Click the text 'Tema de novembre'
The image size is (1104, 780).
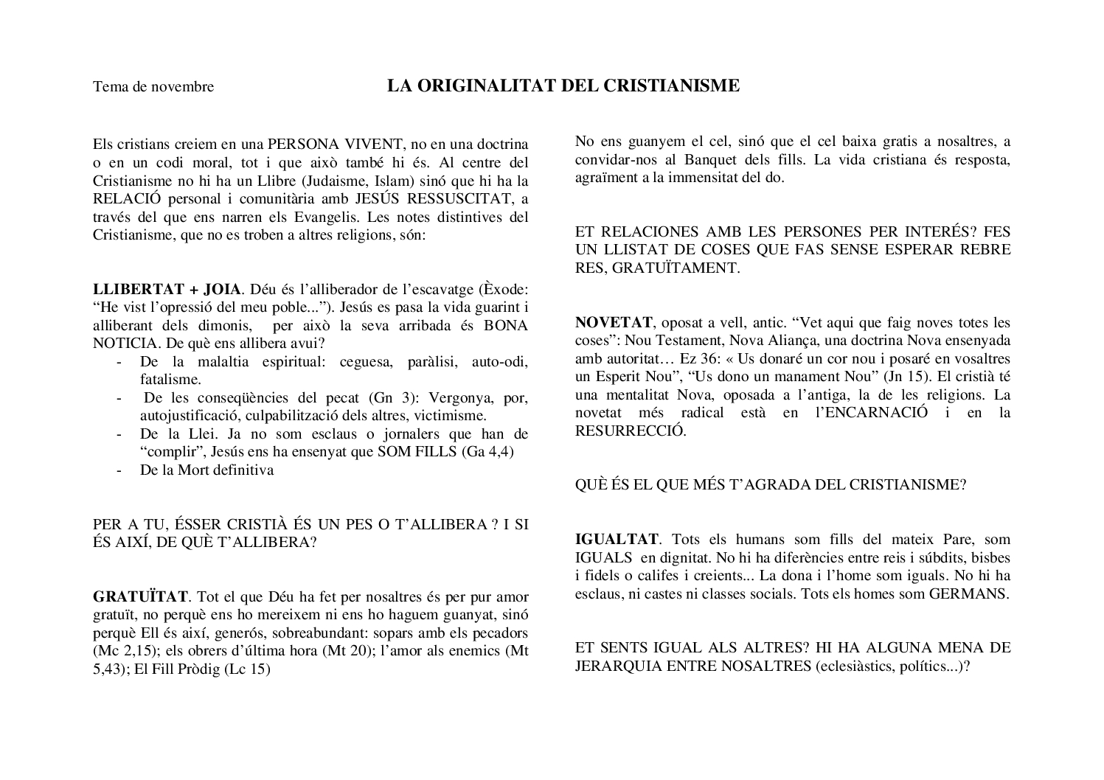pos(153,87)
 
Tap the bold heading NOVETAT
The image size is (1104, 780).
pos(614,322)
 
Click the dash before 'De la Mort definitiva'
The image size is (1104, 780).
pos(119,470)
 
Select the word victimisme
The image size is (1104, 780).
pos(450,415)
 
